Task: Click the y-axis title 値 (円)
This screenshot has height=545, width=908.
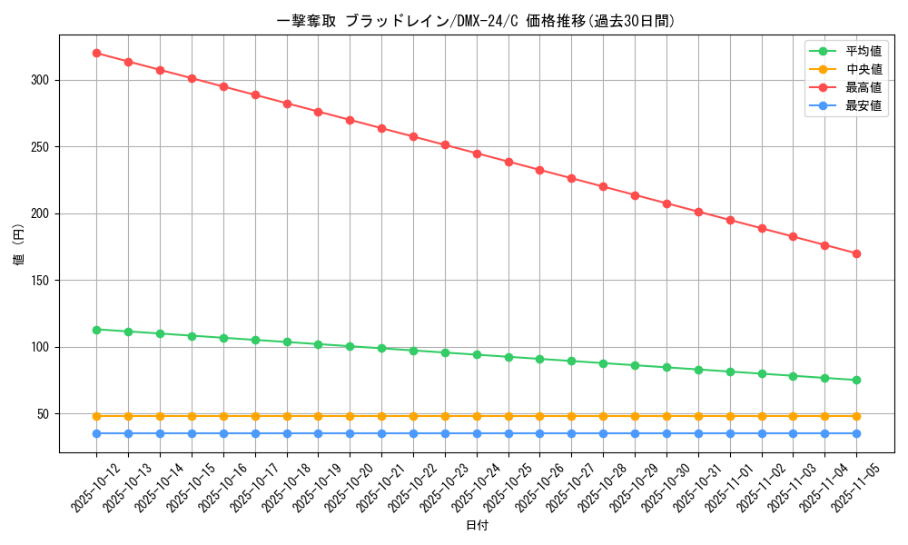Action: (19, 244)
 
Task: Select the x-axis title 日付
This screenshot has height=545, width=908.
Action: (477, 526)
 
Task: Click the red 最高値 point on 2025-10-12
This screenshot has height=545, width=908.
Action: (96, 53)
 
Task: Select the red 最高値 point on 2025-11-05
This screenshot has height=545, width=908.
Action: (856, 253)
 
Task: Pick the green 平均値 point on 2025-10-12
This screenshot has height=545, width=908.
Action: (96, 330)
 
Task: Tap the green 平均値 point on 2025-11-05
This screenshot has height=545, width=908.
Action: (856, 380)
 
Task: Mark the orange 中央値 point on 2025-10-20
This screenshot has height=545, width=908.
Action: (350, 416)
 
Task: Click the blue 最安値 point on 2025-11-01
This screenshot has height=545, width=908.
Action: (730, 433)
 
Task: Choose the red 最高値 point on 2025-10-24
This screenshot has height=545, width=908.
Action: (477, 154)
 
